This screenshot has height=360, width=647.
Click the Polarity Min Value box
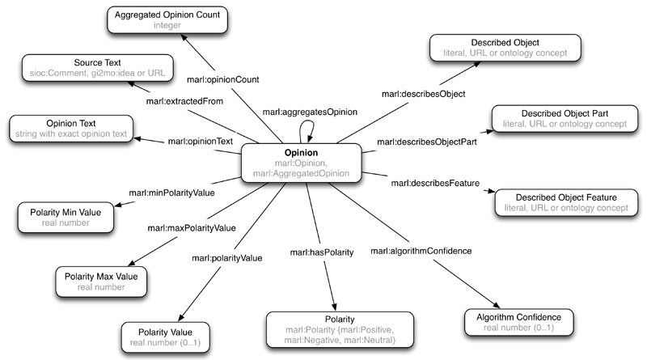64,216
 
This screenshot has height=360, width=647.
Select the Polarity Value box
166,335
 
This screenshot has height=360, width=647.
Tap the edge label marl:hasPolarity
323,253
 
